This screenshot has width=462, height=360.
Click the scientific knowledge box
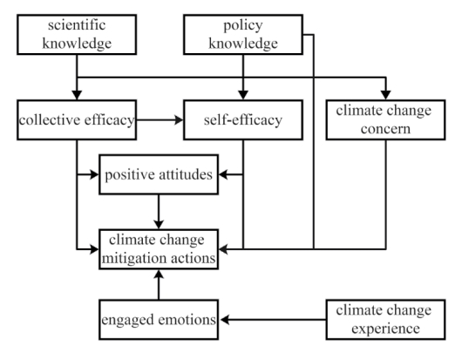point(77,35)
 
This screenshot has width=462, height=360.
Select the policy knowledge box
point(243,35)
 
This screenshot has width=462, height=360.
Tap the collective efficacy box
point(77,120)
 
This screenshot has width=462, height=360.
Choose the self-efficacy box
point(243,120)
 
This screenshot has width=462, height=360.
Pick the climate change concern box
point(385,120)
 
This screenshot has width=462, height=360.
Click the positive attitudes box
point(159,174)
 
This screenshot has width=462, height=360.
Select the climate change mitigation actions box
point(159,249)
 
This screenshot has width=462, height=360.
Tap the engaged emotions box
point(159,320)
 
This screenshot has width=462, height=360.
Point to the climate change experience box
point(385,320)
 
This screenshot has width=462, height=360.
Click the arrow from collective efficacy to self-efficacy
point(160,120)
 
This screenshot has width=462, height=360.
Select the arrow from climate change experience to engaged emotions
point(274,320)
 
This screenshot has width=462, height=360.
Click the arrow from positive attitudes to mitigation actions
point(159,212)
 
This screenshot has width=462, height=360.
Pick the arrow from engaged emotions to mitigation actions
point(159,285)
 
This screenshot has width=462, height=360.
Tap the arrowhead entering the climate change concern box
point(385,95)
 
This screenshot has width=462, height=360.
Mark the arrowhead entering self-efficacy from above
point(243,95)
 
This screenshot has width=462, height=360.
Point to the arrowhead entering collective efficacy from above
point(77,95)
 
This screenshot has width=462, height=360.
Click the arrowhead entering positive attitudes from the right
point(223,174)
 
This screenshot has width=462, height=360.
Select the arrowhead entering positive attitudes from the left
point(94,174)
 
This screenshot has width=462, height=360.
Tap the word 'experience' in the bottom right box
point(385,329)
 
